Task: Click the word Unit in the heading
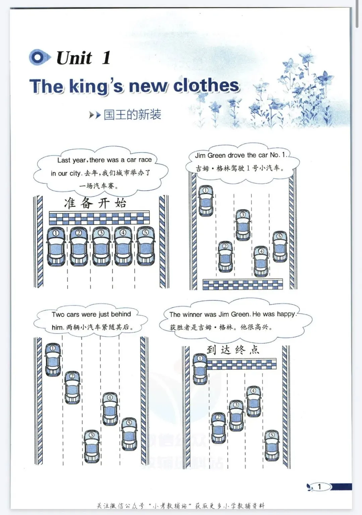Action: (74, 58)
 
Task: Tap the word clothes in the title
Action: (206, 85)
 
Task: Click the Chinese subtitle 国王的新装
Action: (132, 114)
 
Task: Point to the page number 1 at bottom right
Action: (319, 487)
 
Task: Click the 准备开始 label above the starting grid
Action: (95, 203)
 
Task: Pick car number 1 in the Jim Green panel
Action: (206, 201)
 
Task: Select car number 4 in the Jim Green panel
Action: (261, 261)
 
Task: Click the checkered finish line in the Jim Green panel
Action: (242, 284)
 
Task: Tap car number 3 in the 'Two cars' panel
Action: (92, 446)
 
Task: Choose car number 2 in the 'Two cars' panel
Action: (72, 387)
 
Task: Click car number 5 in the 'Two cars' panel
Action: (129, 434)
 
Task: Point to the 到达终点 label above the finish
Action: (233, 350)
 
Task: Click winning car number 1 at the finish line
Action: (200, 369)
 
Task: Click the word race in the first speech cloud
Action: (145, 160)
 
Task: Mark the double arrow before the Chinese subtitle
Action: (95, 115)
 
